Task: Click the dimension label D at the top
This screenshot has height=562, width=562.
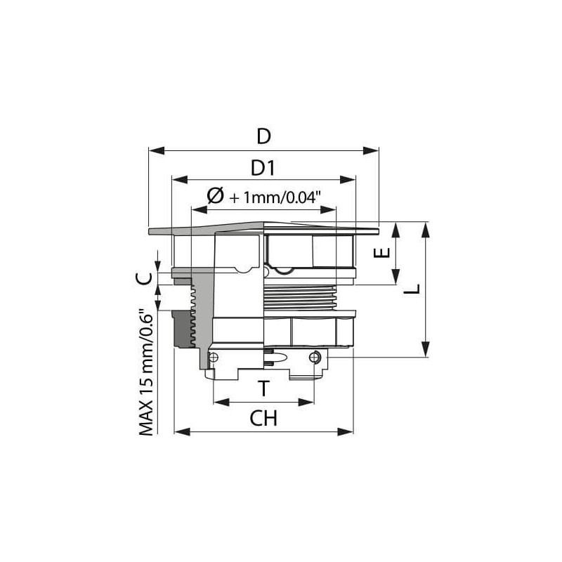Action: tap(264, 136)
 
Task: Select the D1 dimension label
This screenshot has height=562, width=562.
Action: tap(263, 168)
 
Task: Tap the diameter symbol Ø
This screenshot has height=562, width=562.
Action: tap(215, 196)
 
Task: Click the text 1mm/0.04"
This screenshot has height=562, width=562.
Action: tap(282, 197)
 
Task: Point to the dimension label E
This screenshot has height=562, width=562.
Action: tap(381, 253)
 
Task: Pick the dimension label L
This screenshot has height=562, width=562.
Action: tap(412, 289)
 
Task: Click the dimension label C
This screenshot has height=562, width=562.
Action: tap(144, 278)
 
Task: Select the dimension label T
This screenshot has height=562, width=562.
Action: tap(264, 388)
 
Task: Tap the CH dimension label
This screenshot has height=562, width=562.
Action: tap(263, 418)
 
